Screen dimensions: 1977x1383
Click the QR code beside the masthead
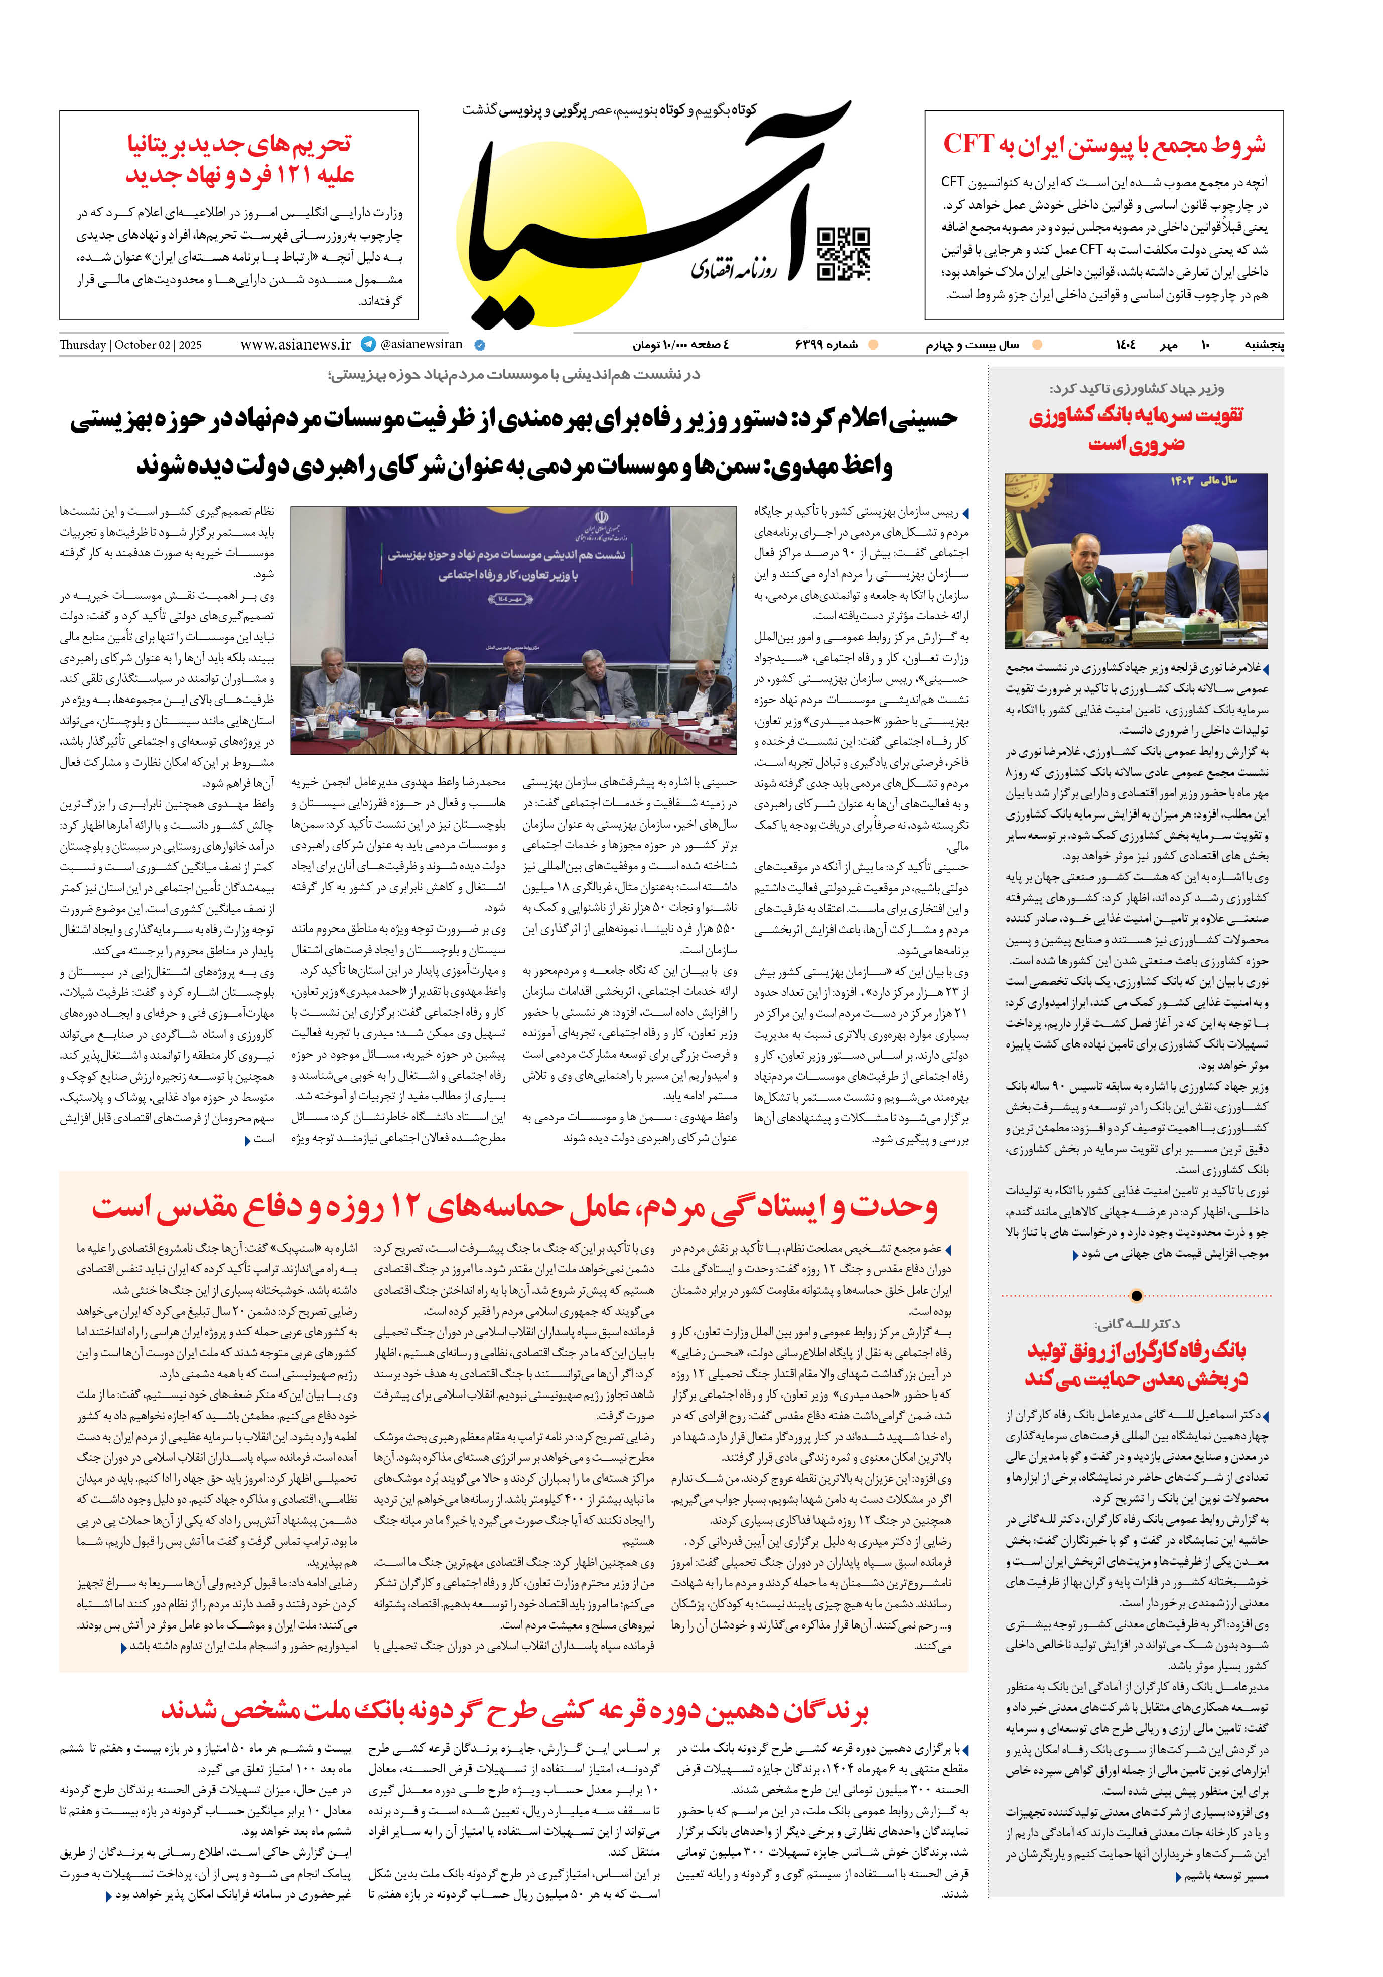(843, 254)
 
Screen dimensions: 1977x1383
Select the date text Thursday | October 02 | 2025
(131, 345)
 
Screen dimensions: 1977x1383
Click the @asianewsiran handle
(421, 344)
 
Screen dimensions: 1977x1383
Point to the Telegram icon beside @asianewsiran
(368, 344)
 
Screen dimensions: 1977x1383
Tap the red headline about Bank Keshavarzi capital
(1136, 429)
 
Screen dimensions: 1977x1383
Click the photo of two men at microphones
(1136, 560)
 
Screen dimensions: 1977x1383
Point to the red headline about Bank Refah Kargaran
(1136, 1364)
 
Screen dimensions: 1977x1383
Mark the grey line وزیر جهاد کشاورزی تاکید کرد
(1136, 388)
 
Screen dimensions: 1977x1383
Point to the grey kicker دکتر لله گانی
(1136, 1324)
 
